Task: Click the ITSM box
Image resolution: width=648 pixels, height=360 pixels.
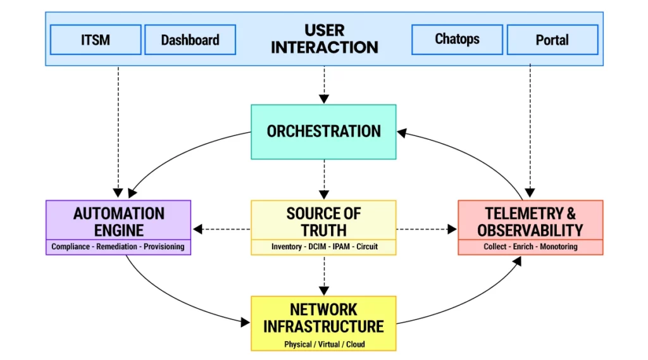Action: pyautogui.click(x=96, y=39)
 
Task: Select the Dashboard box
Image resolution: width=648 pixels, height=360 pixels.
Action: pyautogui.click(x=190, y=40)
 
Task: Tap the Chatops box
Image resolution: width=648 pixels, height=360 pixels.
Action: pyautogui.click(x=457, y=39)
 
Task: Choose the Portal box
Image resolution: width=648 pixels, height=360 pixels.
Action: pyautogui.click(x=552, y=40)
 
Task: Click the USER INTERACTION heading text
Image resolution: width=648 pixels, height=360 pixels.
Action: pyautogui.click(x=324, y=39)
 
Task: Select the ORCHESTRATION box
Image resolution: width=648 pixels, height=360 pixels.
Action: pyautogui.click(x=323, y=132)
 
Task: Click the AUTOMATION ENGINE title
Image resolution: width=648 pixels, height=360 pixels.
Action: pyautogui.click(x=118, y=221)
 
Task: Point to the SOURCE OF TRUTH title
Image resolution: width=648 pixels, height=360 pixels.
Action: pyautogui.click(x=323, y=221)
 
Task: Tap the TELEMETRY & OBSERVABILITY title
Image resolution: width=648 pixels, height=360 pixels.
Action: pyautogui.click(x=530, y=221)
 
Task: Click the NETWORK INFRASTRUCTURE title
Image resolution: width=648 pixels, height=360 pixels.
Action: pyautogui.click(x=323, y=318)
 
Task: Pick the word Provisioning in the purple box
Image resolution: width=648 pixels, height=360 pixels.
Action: pyautogui.click(x=164, y=247)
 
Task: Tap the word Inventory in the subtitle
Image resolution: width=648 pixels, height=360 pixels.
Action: pyautogui.click(x=287, y=247)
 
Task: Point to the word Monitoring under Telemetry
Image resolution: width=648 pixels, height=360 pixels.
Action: pyautogui.click(x=559, y=247)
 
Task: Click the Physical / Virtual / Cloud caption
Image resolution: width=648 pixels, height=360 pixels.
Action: pyautogui.click(x=324, y=345)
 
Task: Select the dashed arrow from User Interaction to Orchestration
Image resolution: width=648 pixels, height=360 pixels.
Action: pyautogui.click(x=324, y=85)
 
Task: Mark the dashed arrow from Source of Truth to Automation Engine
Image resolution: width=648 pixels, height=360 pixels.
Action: pyautogui.click(x=221, y=228)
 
